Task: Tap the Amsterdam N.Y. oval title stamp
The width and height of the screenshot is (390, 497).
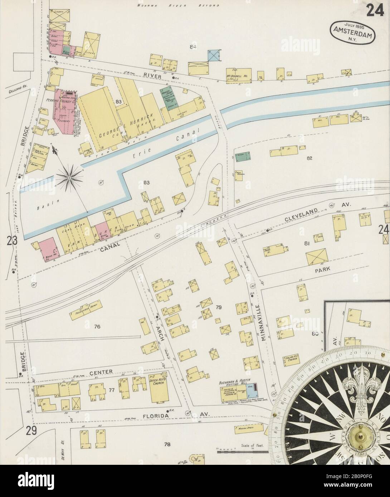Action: [352, 31]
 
